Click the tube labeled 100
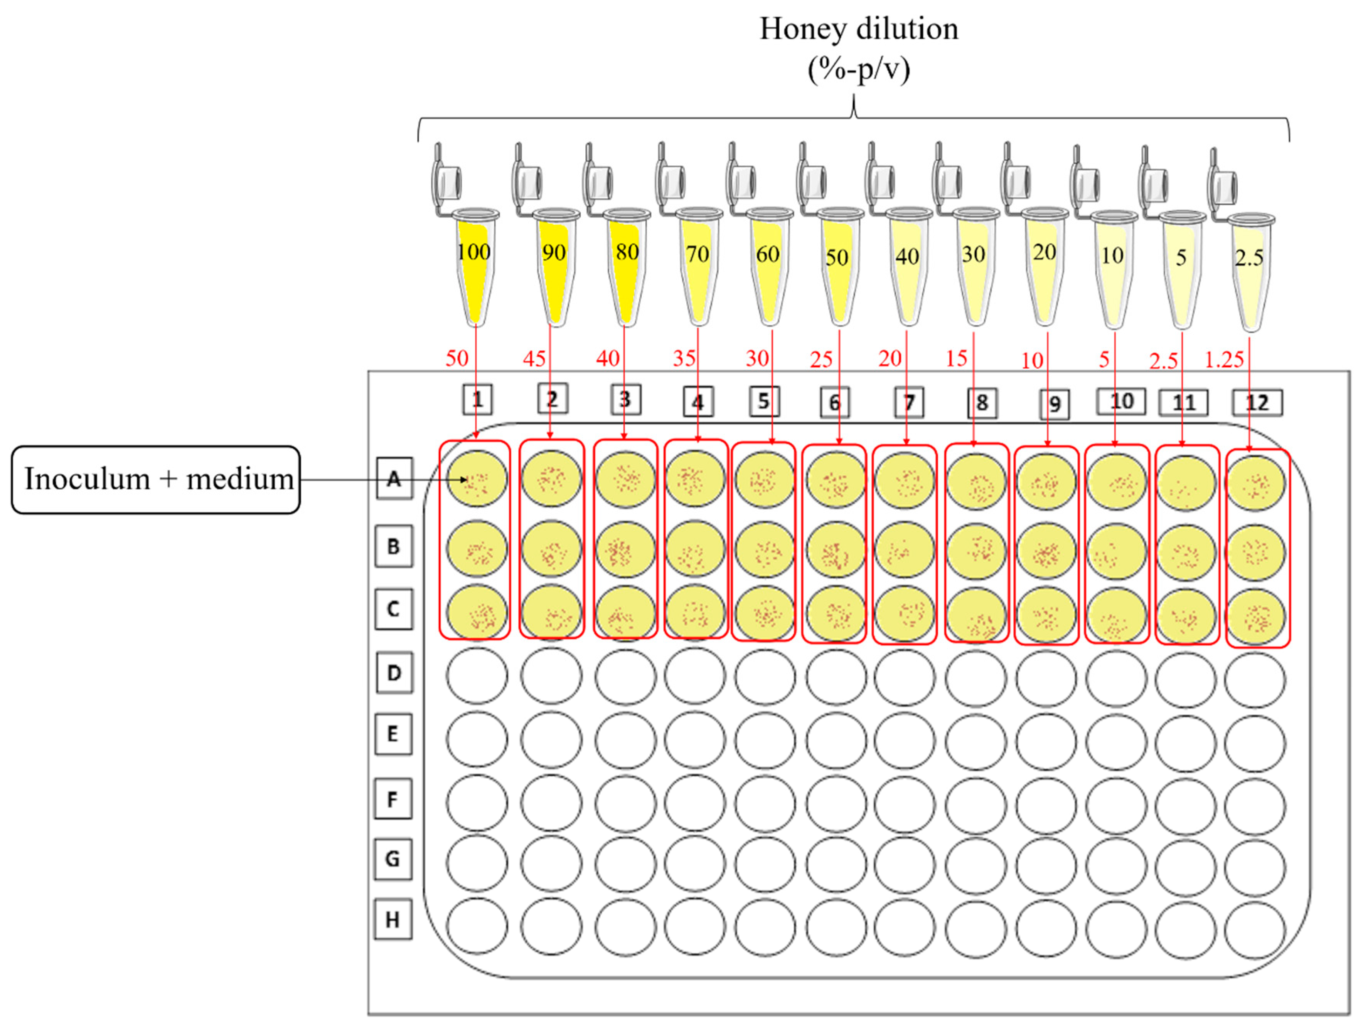click(475, 265)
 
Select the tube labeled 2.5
click(1249, 271)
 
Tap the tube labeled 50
click(837, 265)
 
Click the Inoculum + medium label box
click(156, 479)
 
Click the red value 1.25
click(1224, 359)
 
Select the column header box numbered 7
click(909, 403)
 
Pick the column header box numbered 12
click(1257, 403)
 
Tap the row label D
click(394, 673)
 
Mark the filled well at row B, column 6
click(836, 550)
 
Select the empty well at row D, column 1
click(477, 676)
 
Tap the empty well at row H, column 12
click(1255, 930)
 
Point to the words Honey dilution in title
click(858, 29)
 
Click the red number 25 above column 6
click(821, 359)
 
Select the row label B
click(394, 546)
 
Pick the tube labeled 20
click(1045, 265)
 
